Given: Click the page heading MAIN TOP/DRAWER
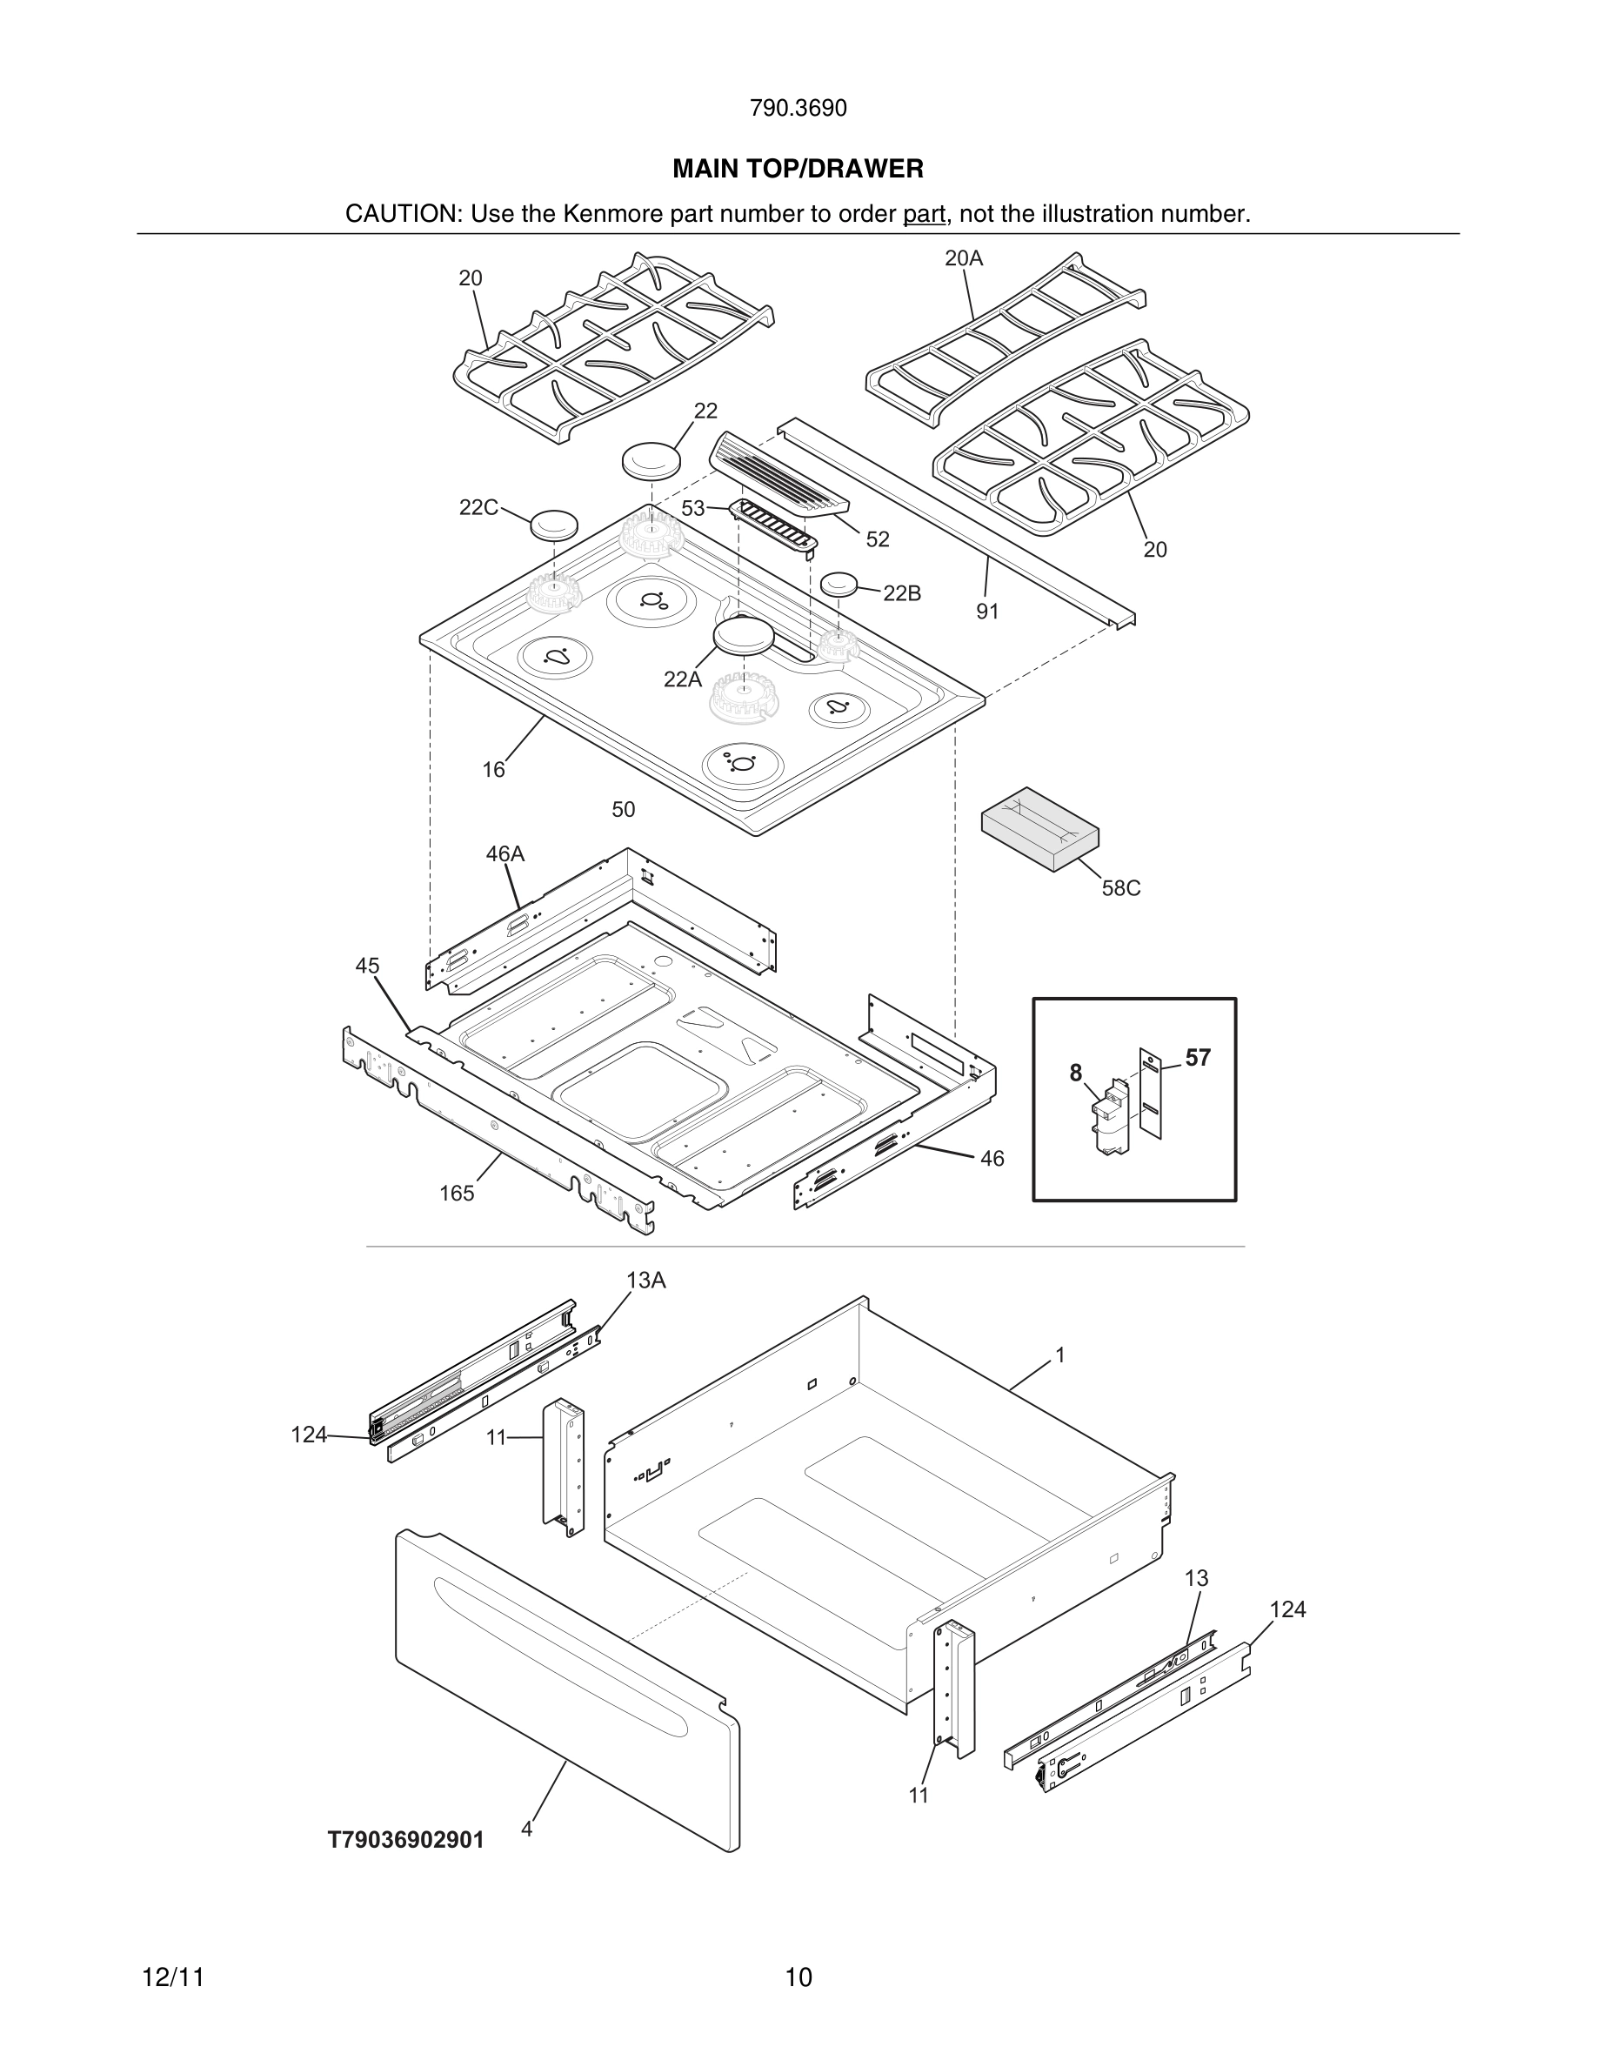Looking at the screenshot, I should click(x=798, y=170).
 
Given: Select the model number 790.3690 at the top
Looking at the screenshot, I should click(x=798, y=109).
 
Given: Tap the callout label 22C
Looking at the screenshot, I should click(x=478, y=507).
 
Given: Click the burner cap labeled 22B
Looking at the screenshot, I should click(x=839, y=584).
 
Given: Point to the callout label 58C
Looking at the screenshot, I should click(x=1120, y=887).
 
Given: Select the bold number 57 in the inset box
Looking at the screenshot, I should click(x=1197, y=1057).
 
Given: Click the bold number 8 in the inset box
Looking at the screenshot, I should click(x=1076, y=1073).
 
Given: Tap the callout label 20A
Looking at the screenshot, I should click(x=963, y=258).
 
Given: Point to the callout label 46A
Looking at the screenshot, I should click(x=504, y=853).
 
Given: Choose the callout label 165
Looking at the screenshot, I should click(x=456, y=1194).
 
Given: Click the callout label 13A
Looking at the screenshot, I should click(x=645, y=1281).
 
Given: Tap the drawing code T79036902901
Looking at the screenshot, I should click(x=406, y=1840).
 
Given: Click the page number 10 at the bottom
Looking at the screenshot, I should click(x=798, y=1977).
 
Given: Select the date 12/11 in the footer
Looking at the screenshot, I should click(x=173, y=1977).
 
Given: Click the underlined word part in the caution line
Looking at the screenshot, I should click(x=924, y=215).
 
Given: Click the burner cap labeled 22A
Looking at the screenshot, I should click(x=744, y=635).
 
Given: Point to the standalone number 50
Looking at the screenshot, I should click(x=623, y=809).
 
